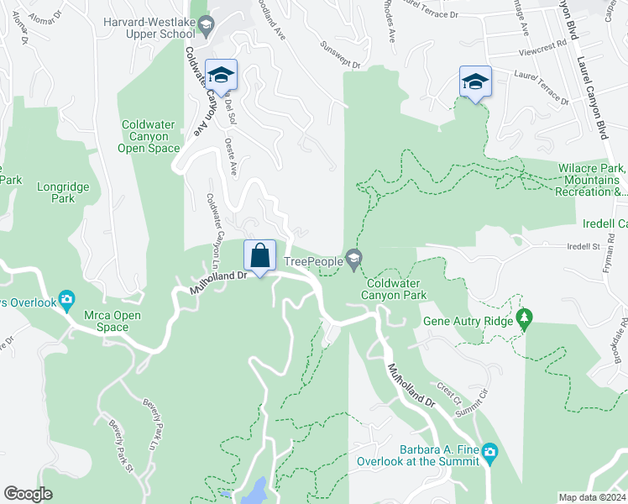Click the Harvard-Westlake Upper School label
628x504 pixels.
click(x=148, y=28)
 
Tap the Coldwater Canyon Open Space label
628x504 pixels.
click(x=149, y=136)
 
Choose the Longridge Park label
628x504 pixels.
click(x=56, y=192)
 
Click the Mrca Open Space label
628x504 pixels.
click(x=99, y=321)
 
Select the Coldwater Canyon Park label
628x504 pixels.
click(x=395, y=289)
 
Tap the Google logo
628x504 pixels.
click(x=28, y=494)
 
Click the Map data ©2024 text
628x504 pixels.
click(x=592, y=497)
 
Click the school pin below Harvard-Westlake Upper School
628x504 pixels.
click(x=221, y=76)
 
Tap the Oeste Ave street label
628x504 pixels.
click(x=230, y=157)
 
